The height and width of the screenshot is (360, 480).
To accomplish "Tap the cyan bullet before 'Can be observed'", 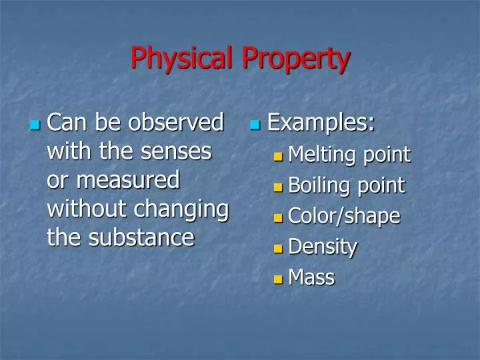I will click(36, 125).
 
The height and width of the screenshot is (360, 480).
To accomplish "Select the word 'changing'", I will click(181, 209).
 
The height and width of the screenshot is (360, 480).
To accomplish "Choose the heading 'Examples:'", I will click(321, 123).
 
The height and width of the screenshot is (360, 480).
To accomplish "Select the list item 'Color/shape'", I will click(344, 217).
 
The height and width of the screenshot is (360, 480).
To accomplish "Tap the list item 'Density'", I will click(323, 247).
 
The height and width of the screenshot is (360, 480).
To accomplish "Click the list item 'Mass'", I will click(311, 277).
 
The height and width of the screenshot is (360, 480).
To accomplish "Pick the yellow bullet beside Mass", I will click(279, 279).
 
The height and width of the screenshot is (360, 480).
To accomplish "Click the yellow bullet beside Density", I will click(279, 249).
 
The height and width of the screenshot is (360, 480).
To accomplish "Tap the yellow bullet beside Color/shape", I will click(279, 218).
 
